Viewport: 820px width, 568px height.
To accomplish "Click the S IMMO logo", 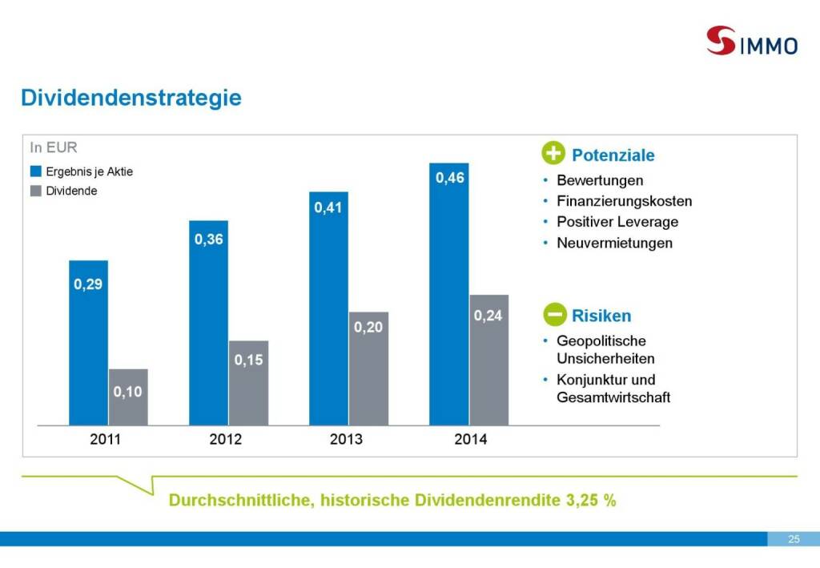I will tap(751, 40).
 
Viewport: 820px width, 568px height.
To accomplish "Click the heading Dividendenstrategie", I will tap(131, 98).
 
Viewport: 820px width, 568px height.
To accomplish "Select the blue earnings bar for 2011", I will tap(88, 342).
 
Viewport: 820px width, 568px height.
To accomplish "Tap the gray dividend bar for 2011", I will tap(128, 397).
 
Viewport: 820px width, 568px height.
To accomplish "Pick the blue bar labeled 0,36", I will tap(208, 322).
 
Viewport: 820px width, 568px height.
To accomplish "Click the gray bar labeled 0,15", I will tap(248, 382).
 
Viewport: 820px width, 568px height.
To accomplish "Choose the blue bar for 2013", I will tap(328, 308).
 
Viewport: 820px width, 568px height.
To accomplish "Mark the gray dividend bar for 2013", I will tap(368, 368).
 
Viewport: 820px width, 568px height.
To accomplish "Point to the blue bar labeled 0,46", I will tap(449, 293).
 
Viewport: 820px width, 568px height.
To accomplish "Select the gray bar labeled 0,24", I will tap(488, 360).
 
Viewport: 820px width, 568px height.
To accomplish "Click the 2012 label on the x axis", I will tap(225, 439).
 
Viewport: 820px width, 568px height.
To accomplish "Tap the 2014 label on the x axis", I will tap(470, 439).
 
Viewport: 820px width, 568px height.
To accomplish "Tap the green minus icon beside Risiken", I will tap(554, 315).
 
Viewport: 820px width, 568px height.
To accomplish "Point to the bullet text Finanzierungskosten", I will tap(624, 201).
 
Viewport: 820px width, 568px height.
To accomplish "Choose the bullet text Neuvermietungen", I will tap(614, 243).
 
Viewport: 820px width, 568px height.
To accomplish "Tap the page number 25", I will tap(794, 539).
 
